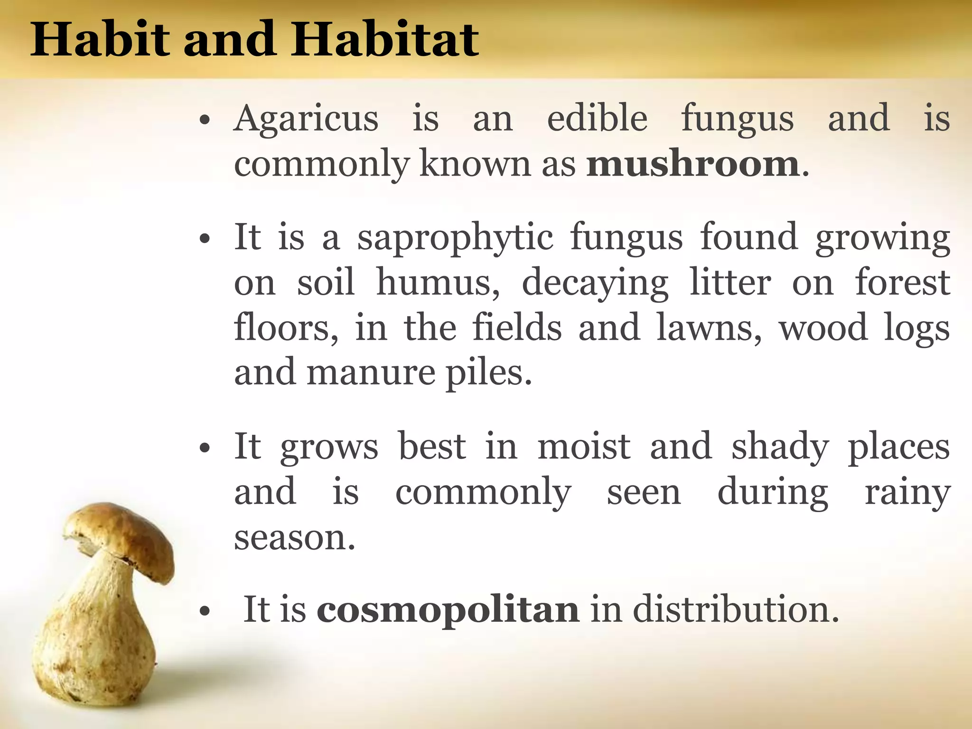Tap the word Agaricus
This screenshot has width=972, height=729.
306,119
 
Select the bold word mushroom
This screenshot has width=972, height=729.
693,164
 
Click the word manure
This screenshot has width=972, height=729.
371,373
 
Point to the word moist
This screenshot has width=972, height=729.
584,447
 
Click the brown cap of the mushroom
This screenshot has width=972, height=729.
123,536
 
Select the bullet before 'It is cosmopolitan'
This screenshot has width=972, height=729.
205,612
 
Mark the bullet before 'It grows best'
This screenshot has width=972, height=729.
205,449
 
